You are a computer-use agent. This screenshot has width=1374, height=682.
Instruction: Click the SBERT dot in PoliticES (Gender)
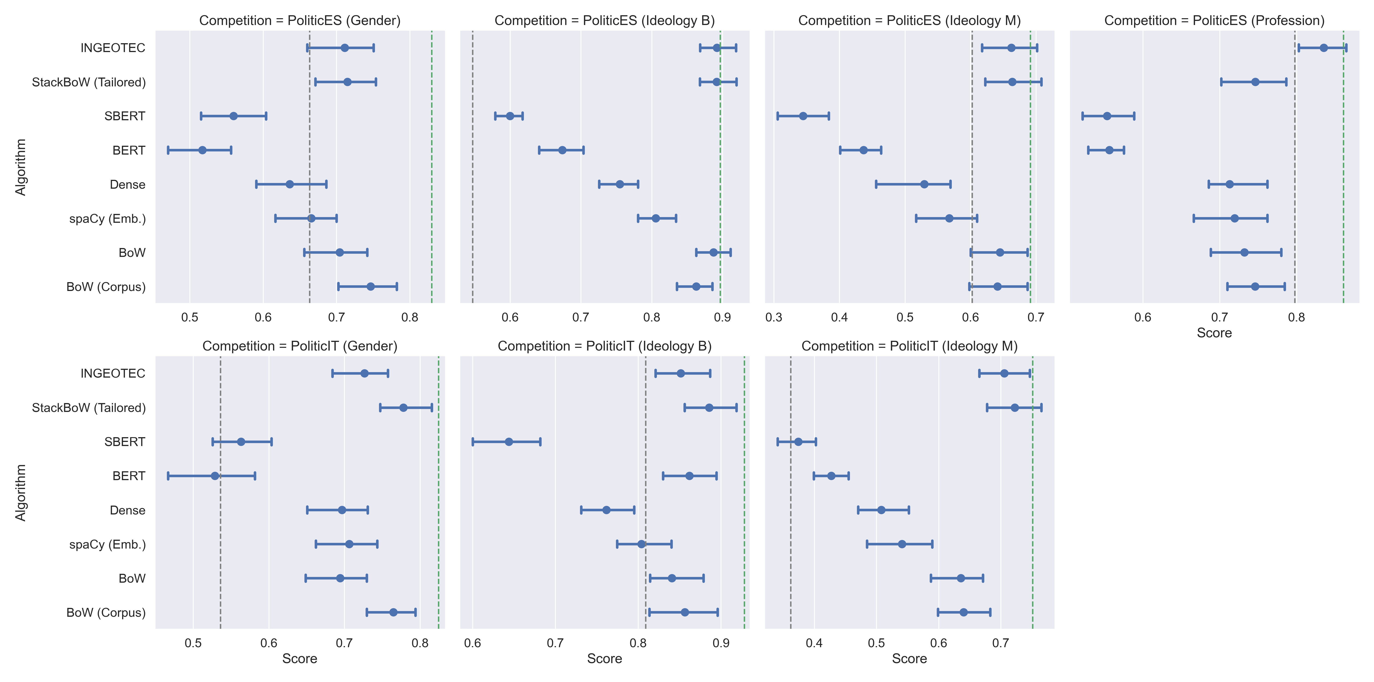pyautogui.click(x=233, y=116)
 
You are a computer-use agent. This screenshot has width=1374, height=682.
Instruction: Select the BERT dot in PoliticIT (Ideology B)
pyautogui.click(x=689, y=476)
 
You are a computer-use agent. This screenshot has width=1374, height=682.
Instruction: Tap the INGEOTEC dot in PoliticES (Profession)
pyautogui.click(x=1323, y=48)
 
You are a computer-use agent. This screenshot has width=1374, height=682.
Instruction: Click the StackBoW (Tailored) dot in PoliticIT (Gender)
pyautogui.click(x=403, y=408)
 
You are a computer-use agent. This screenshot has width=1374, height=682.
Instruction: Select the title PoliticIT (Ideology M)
pyautogui.click(x=909, y=346)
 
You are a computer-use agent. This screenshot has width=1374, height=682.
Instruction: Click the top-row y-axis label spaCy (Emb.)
pyautogui.click(x=107, y=219)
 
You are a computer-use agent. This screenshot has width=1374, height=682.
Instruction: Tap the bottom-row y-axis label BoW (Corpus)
pyautogui.click(x=105, y=613)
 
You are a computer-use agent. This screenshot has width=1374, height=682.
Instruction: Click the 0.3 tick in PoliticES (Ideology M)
pyautogui.click(x=774, y=318)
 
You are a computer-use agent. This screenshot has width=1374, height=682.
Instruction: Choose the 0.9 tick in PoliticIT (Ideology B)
pyautogui.click(x=721, y=643)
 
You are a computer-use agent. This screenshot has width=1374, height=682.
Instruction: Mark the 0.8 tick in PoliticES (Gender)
pyautogui.click(x=410, y=318)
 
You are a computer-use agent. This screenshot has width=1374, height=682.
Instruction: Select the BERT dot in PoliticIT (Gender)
pyautogui.click(x=215, y=476)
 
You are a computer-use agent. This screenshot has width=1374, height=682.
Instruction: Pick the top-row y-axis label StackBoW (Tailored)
pyautogui.click(x=88, y=82)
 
